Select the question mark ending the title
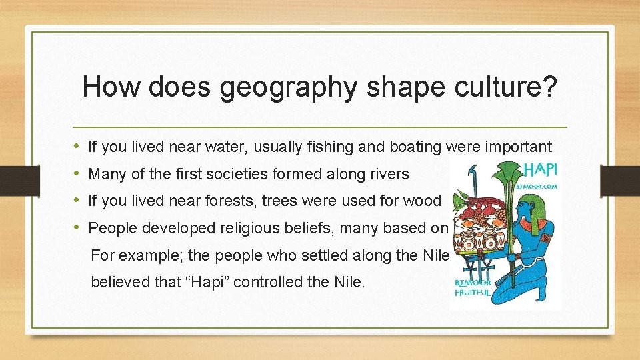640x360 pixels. (545, 87)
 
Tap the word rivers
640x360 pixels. (386, 174)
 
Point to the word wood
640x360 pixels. (423, 201)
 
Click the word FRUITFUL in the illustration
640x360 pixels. (473, 291)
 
